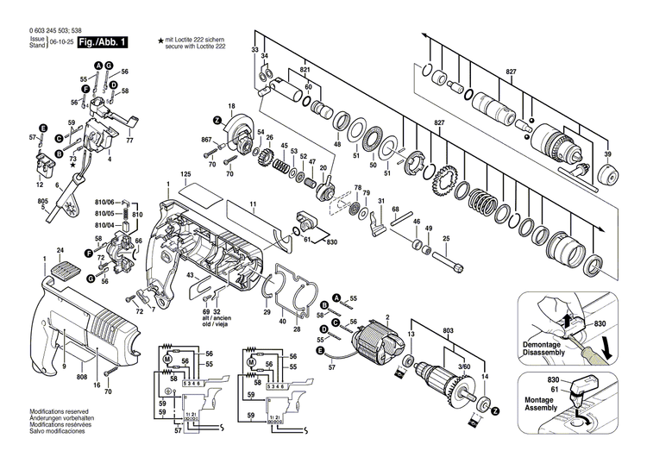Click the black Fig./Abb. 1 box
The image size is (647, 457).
(103, 41)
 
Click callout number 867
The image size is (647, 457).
(206, 140)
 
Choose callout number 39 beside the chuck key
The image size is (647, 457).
(607, 154)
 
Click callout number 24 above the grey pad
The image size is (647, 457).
(60, 251)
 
